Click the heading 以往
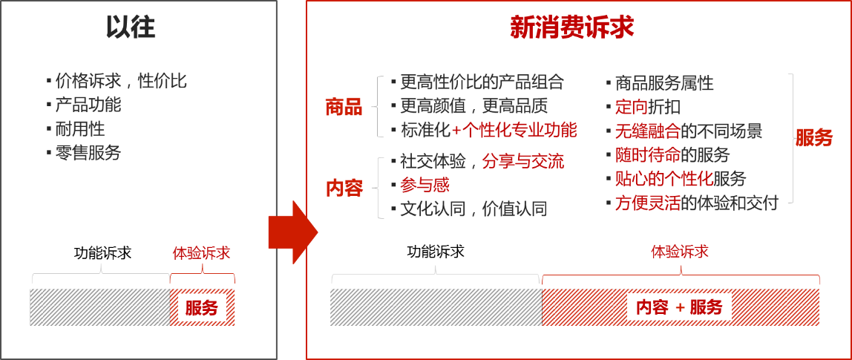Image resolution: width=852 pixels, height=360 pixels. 131,27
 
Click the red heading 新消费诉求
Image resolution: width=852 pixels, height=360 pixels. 571,27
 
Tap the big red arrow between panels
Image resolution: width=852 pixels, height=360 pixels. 292,232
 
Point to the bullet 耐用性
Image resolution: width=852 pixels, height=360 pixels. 79,129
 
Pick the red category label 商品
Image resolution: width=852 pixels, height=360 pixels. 344,108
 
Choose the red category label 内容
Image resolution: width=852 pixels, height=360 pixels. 344,189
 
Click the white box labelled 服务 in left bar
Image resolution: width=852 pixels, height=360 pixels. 201,307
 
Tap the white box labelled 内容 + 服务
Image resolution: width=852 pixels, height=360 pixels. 679,307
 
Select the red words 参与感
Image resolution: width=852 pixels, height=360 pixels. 425,185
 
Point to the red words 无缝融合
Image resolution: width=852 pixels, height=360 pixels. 646,132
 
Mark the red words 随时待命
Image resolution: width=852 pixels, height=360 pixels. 646,155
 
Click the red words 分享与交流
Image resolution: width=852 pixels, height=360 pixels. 522,161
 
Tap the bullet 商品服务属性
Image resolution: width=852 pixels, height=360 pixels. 664,83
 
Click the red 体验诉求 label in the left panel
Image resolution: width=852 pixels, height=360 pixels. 201,253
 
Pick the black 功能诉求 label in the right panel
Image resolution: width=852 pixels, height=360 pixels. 436,252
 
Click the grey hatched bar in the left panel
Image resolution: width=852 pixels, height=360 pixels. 99,307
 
